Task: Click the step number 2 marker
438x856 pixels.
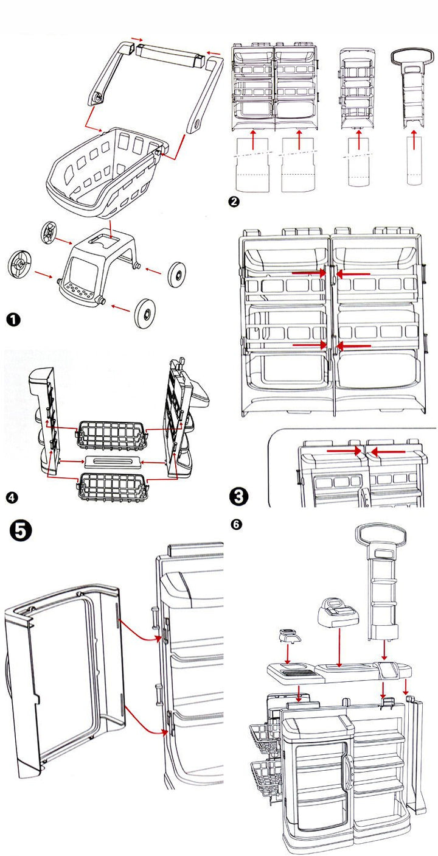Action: [x=232, y=202]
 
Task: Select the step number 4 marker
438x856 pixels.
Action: [x=11, y=498]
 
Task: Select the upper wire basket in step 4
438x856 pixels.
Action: [x=111, y=433]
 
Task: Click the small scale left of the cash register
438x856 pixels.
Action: [x=288, y=637]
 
